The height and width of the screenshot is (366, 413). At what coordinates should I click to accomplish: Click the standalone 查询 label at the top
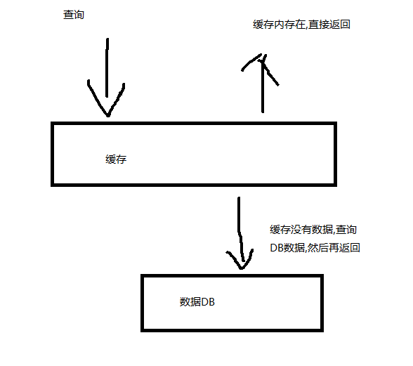coord(74,15)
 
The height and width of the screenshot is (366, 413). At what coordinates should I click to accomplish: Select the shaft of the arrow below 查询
coord(107,67)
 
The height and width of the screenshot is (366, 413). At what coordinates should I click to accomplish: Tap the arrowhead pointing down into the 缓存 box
coord(106,98)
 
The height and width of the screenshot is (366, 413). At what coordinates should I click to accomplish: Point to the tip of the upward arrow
coord(263,54)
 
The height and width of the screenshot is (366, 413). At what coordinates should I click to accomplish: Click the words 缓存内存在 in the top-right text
coord(279,25)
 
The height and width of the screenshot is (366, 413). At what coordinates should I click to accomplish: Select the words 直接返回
coord(329,25)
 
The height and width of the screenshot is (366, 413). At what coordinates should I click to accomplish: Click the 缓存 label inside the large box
coord(116,159)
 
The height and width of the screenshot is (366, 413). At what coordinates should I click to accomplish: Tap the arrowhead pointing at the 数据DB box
coord(241,259)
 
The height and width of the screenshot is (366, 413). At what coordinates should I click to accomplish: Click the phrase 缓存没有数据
coord(301,230)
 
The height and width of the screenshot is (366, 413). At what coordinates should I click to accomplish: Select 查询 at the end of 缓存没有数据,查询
coord(346,230)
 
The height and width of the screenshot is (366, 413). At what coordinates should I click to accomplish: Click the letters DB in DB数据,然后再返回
coord(277,248)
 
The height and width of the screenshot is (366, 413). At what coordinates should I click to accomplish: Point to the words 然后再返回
coord(334,248)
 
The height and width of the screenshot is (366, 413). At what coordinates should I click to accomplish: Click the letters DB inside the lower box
coord(208,302)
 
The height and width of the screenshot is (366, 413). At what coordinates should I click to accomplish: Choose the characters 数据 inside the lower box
coord(190,302)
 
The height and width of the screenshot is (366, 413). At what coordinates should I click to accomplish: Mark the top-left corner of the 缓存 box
coord(53,124)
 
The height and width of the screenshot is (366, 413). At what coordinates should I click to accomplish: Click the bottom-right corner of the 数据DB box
coord(322,330)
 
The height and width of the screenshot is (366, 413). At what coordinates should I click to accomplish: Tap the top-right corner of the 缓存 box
coord(335,124)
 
